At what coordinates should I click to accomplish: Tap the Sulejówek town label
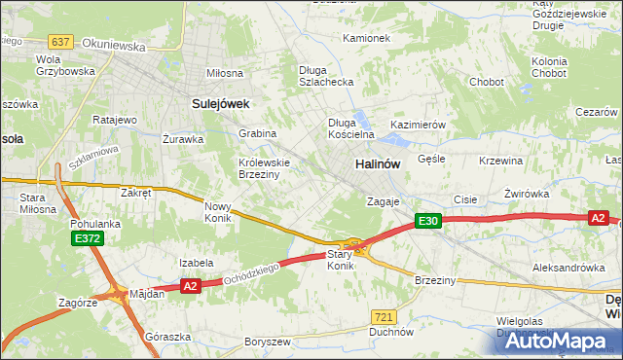(x=221, y=102)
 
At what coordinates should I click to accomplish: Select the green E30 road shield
(x=428, y=222)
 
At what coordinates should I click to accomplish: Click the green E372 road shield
(x=85, y=238)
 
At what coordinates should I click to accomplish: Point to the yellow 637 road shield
(x=60, y=41)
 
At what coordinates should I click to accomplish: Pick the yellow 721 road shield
(x=384, y=317)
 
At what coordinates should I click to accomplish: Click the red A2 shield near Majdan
(x=190, y=285)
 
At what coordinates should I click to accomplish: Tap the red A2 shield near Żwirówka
(x=598, y=219)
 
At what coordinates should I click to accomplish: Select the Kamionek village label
(x=366, y=39)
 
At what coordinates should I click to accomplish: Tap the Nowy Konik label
(x=217, y=212)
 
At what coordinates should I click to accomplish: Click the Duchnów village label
(x=391, y=332)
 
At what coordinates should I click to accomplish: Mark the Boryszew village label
(x=268, y=342)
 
